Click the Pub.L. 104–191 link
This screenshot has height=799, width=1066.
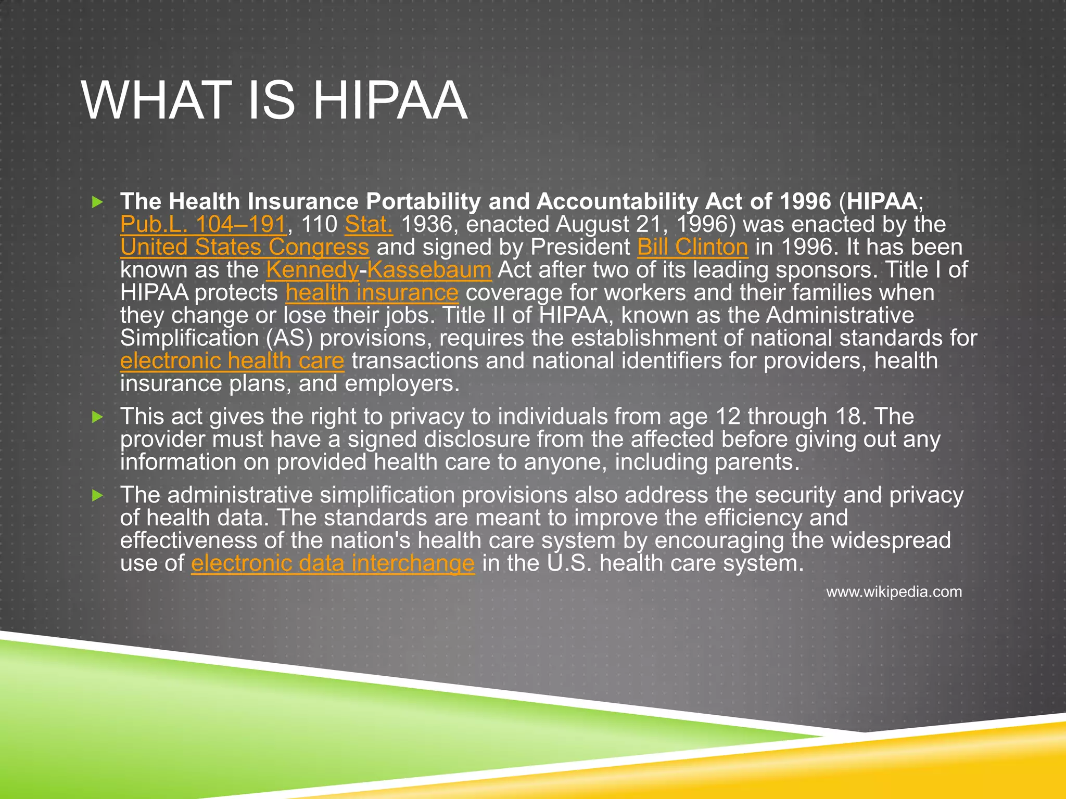point(203,225)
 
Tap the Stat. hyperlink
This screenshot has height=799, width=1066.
point(369,225)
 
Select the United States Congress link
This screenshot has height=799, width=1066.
point(245,248)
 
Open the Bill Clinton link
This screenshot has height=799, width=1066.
point(692,248)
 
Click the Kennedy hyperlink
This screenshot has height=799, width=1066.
point(312,270)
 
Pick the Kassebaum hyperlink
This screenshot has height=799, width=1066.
point(429,270)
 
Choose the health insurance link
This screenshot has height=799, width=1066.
point(372,293)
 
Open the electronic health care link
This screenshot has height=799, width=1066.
point(232,361)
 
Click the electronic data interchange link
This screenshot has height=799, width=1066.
point(333,564)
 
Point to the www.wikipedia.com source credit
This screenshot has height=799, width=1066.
point(894,592)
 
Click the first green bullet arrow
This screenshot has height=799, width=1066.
point(97,202)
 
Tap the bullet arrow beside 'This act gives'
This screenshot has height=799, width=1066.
point(97,417)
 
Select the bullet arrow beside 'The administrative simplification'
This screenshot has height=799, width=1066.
point(97,496)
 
